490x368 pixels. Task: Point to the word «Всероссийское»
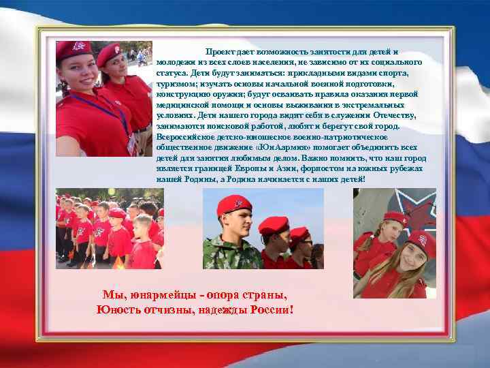(183, 137)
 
